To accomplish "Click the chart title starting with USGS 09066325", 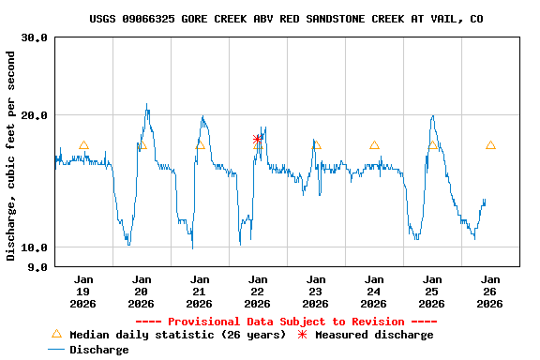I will coord(287,19).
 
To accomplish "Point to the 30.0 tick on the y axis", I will coord(35,37).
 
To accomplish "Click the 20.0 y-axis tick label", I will coord(35,115).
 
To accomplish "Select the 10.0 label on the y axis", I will coord(35,247).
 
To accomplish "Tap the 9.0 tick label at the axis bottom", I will coord(38,267).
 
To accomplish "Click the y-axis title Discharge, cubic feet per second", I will coord(11,156).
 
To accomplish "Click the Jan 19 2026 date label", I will coord(83,291).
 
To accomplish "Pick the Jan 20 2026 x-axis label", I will coord(142,291).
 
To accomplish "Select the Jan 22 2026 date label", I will coord(258,291).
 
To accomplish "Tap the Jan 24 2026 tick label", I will coord(374,291).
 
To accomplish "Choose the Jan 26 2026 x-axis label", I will coord(490,291).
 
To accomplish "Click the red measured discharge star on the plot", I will coord(258,140).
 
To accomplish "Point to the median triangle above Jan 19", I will coord(83,145).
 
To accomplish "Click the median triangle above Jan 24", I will coord(374,145).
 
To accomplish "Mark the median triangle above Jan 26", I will coord(490,145).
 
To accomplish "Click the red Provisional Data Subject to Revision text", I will coord(286,322).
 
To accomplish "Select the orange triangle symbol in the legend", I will coord(56,334).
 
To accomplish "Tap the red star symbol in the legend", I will coord(302,335).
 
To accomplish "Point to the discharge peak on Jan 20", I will coord(147,105).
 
